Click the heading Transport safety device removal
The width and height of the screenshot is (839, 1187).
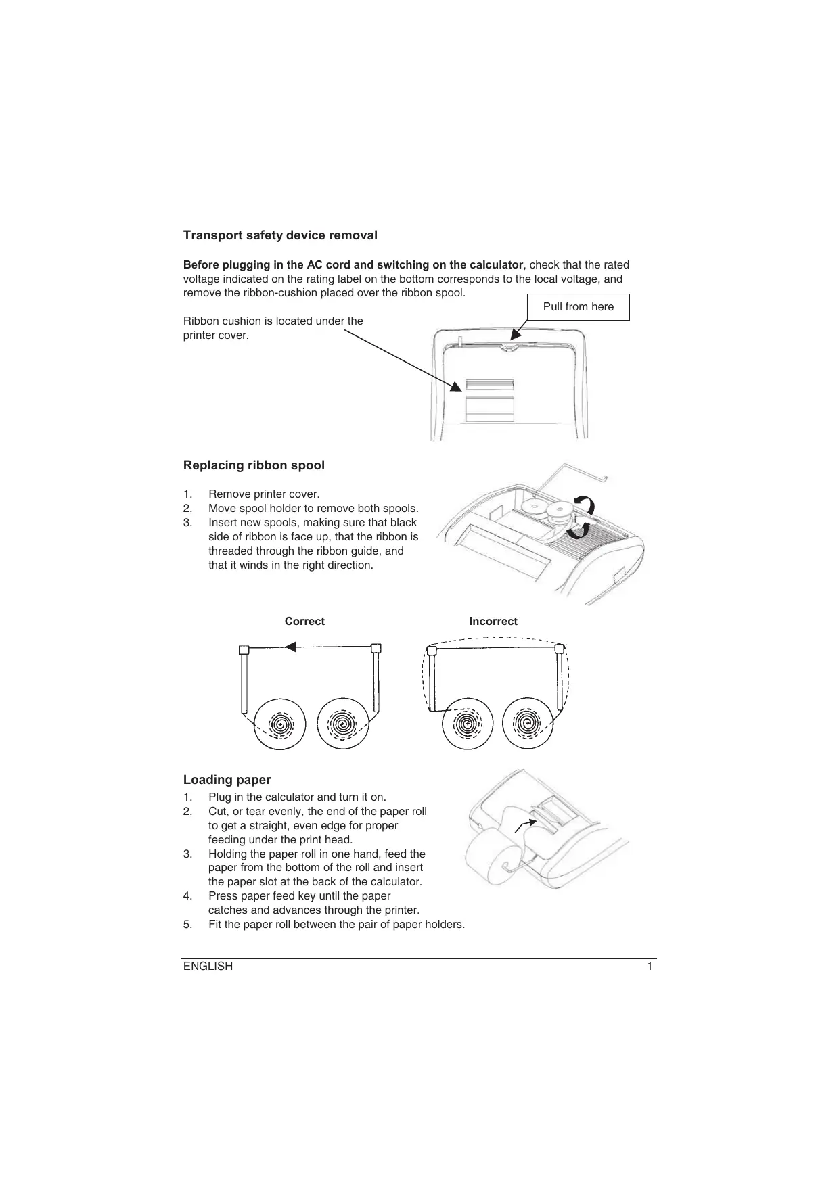[280, 235]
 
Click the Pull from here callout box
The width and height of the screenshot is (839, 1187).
[578, 307]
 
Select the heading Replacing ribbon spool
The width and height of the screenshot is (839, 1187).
[254, 465]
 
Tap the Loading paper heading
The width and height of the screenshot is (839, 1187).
[227, 780]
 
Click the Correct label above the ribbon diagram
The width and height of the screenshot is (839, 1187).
[304, 622]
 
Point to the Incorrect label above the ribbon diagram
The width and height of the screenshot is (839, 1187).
[493, 622]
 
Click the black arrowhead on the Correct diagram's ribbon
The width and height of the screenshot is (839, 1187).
[290, 647]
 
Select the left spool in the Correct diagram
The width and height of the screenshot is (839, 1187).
[280, 724]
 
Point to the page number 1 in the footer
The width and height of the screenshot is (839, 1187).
[650, 967]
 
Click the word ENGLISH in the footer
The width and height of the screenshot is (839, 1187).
[208, 967]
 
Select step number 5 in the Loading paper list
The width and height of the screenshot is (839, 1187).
[187, 925]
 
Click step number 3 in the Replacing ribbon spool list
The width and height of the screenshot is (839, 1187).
[187, 523]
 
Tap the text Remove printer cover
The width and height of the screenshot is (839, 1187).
[264, 494]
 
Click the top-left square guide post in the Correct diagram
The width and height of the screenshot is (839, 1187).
[244, 650]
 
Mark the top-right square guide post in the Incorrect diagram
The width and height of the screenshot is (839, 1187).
[559, 649]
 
